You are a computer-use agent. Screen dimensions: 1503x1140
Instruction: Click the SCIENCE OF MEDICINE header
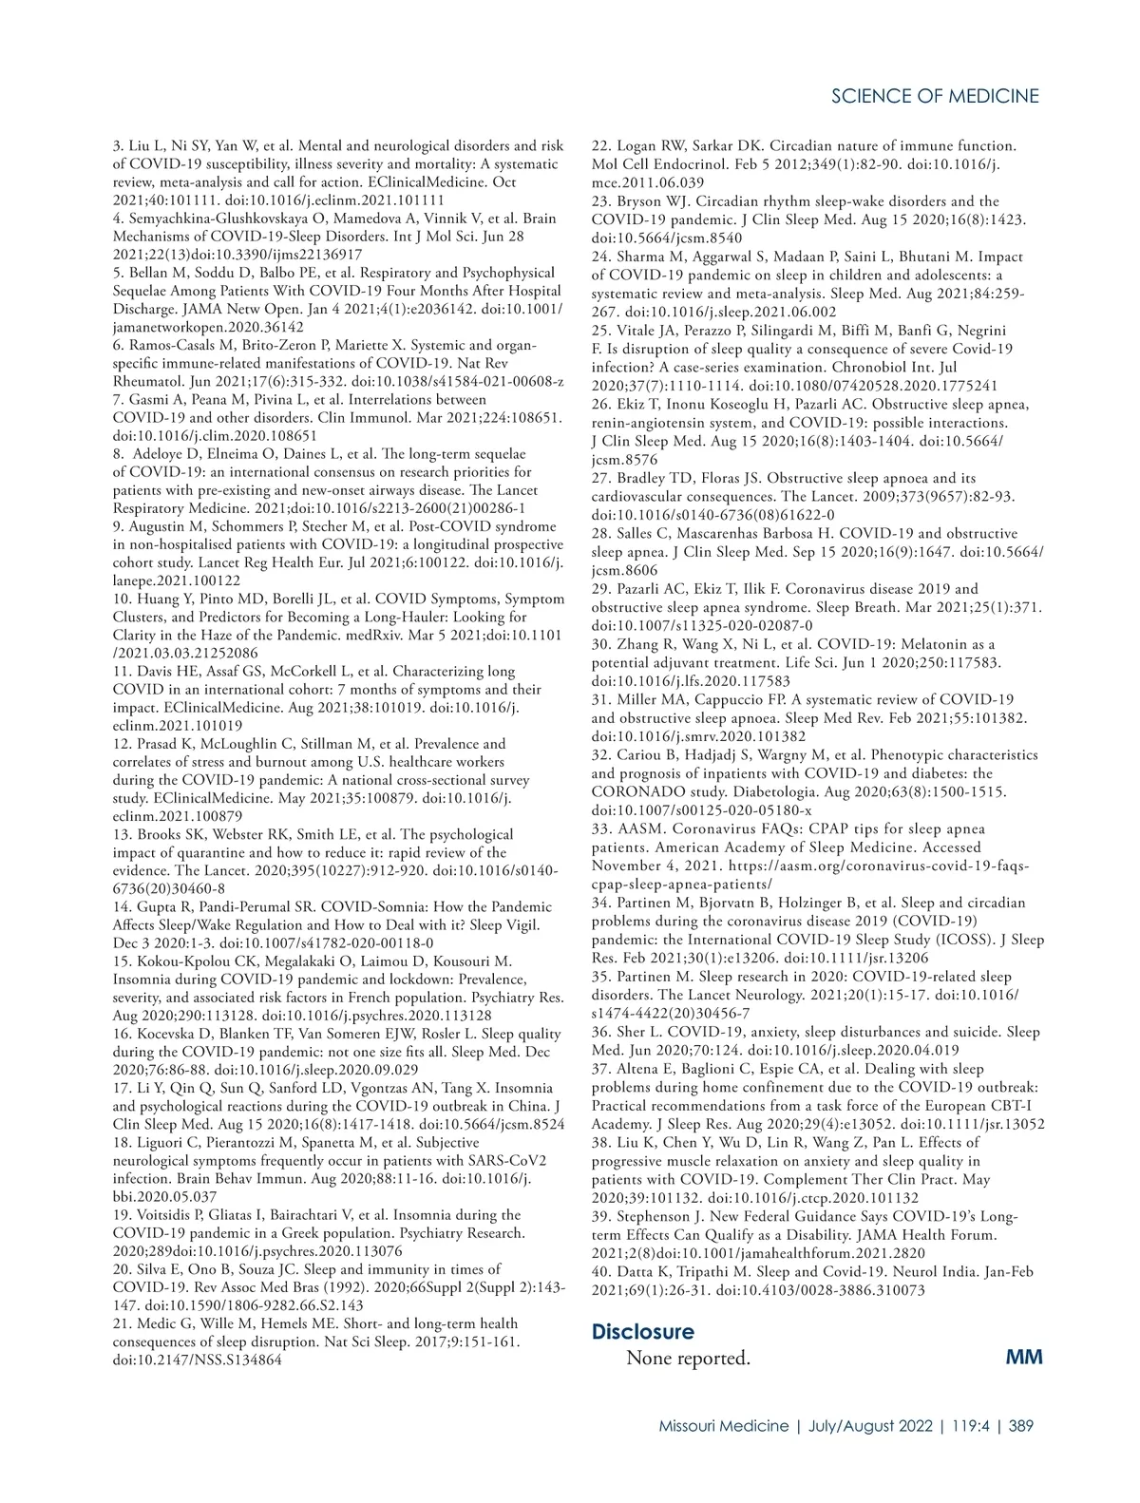tap(935, 96)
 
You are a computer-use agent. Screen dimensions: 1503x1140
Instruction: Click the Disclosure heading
tap(642, 1331)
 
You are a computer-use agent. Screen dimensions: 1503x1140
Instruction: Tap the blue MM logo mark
tap(1023, 1357)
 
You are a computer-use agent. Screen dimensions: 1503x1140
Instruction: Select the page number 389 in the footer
tap(1021, 1425)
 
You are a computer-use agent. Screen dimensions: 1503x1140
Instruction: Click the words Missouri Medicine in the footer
tap(724, 1425)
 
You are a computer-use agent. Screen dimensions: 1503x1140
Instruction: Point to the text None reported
tap(688, 1358)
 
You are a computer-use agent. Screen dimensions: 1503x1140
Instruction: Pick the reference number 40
tap(600, 1271)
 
